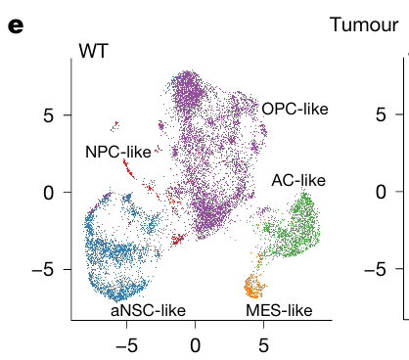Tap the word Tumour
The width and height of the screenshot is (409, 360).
(x=364, y=24)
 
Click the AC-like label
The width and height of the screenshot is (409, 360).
(x=298, y=179)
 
